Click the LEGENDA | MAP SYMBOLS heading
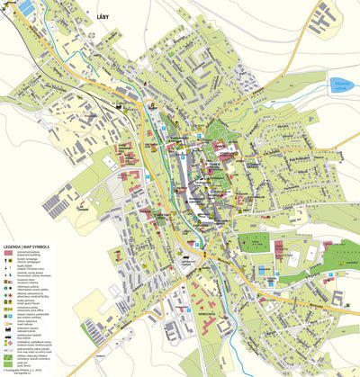26,245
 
